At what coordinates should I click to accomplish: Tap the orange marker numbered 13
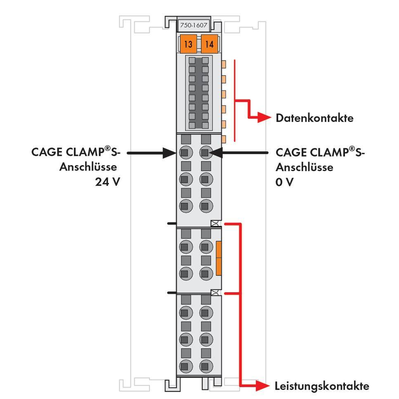click(189, 45)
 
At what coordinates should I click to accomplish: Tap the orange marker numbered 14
click(210, 45)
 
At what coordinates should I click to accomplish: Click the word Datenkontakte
click(314, 118)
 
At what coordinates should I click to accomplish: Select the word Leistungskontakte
click(321, 386)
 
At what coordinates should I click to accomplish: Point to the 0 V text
click(284, 181)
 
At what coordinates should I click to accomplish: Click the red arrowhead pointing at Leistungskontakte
click(262, 386)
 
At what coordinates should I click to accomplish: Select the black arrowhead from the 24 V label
click(169, 153)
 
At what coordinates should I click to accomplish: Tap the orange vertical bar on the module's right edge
click(219, 258)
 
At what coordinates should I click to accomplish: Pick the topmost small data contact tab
click(224, 64)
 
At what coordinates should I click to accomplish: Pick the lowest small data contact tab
click(224, 139)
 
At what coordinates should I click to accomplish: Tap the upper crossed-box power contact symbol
click(215, 224)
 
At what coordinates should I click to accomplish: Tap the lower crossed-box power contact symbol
click(215, 293)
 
